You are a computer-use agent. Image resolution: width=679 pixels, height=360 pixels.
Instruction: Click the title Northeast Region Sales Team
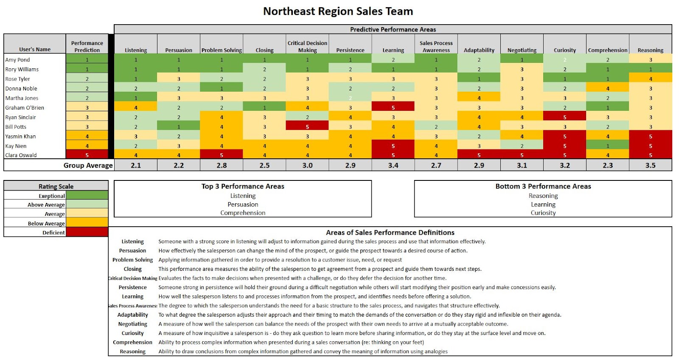pos(338,11)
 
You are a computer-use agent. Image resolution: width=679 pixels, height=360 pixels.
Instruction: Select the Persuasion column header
pos(179,50)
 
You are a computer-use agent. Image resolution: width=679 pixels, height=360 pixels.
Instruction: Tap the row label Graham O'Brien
pos(25,108)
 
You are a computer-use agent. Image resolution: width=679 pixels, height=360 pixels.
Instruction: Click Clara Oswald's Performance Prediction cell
pos(87,155)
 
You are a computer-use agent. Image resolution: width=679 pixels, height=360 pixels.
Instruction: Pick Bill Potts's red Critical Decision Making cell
pos(307,127)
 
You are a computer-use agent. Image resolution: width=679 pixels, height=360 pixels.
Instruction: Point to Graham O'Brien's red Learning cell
pos(393,107)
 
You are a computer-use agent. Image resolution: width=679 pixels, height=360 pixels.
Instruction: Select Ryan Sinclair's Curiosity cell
pos(565,117)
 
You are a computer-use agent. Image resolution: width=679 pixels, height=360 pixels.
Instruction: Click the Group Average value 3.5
pos(650,166)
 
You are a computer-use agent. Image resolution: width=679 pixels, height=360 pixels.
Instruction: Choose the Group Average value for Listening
pos(136,166)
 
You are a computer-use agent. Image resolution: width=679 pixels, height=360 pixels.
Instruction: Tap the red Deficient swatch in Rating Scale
pos(87,232)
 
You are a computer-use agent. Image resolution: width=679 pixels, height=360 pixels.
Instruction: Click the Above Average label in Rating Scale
pos(46,205)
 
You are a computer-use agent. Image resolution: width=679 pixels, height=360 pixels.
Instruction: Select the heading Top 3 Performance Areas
pos(243,186)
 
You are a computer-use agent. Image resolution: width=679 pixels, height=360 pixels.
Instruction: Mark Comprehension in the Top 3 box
pos(243,213)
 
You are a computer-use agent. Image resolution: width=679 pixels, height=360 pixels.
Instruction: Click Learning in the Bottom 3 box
pos(543,204)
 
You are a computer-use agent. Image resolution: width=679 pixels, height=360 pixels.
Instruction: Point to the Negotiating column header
pos(522,50)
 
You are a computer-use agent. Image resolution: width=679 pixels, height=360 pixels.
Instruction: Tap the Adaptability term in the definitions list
pos(133,315)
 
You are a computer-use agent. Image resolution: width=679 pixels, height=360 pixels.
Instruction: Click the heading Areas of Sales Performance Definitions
pos(390,233)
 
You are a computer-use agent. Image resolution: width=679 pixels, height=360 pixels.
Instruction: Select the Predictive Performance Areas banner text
pos(393,29)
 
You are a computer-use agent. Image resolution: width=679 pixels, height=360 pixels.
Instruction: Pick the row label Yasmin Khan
pos(20,136)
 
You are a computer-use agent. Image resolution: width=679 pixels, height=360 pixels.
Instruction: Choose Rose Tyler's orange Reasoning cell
pos(650,79)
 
